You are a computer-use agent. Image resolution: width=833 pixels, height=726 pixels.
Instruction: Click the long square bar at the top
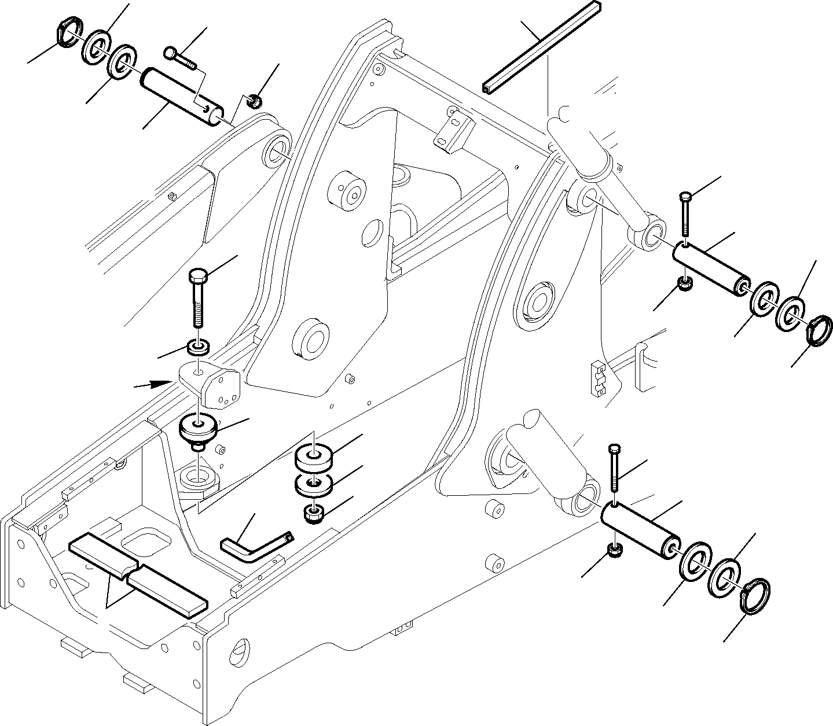coord(541,46)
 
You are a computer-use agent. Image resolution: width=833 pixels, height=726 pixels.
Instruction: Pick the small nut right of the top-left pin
coord(253,102)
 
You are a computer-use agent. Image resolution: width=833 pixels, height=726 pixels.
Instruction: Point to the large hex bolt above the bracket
coord(197,301)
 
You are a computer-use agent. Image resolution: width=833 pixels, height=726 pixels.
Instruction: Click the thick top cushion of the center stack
coord(314,457)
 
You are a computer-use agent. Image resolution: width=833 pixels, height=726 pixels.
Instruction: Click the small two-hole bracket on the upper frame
coord(453,132)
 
